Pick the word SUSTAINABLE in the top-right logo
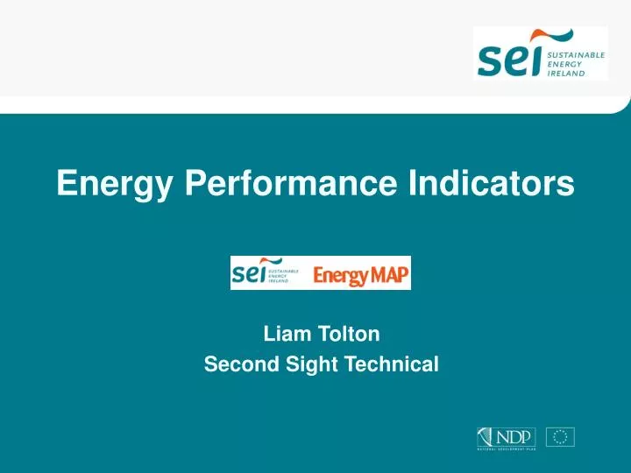coord(576,53)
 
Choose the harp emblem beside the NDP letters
coord(486,436)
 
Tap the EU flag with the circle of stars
coord(560,437)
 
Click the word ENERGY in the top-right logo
coord(564,63)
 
